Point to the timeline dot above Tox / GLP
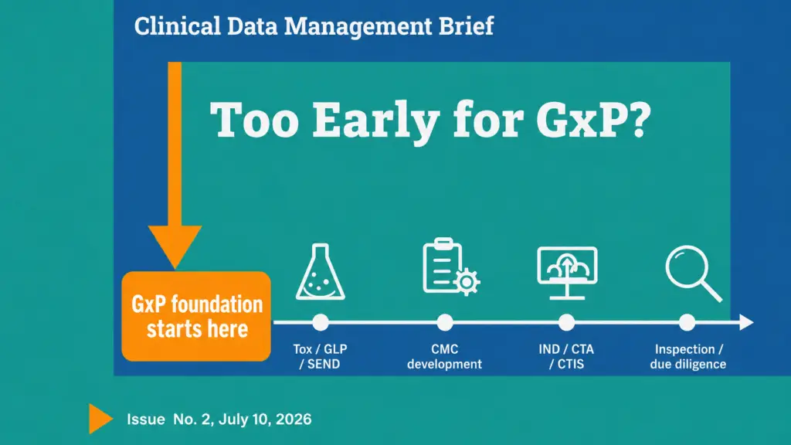(x=321, y=322)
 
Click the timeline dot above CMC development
(x=444, y=322)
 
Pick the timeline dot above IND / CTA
(x=566, y=322)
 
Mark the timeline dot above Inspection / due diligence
(x=687, y=322)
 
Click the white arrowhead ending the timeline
(x=747, y=322)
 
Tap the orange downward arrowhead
(x=175, y=245)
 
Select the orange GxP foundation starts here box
(x=196, y=316)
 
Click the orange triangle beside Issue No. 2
(x=100, y=419)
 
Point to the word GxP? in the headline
(x=594, y=120)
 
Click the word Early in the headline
(x=376, y=121)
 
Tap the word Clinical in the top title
(x=178, y=26)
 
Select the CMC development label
(x=444, y=357)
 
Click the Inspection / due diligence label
(x=688, y=357)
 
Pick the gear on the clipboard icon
(x=467, y=282)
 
